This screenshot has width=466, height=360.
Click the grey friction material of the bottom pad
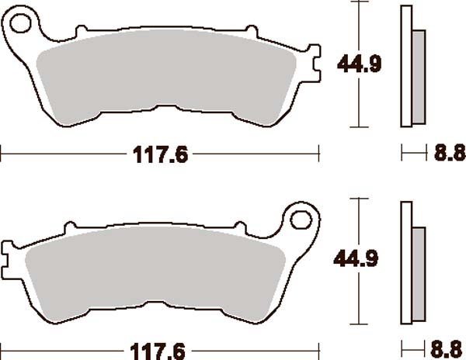pyautogui.click(x=155, y=272)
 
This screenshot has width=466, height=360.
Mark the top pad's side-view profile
pyautogui.click(x=405, y=66)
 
